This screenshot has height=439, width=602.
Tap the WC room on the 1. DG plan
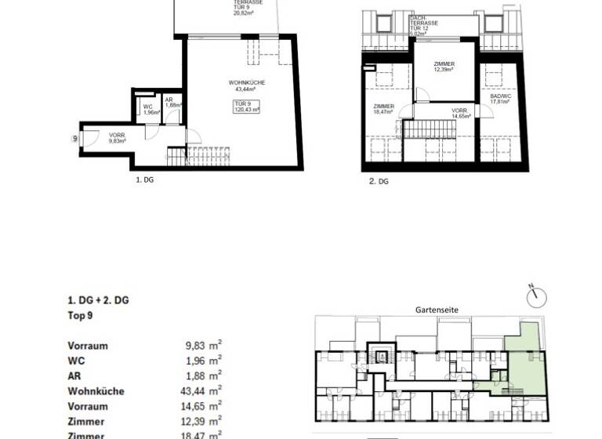149,110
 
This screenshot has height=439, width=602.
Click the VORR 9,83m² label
117,139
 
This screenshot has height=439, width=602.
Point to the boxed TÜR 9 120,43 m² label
246,107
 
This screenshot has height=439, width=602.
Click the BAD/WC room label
500,98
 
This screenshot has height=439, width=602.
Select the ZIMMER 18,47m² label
383,110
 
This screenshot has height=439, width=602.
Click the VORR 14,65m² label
459,114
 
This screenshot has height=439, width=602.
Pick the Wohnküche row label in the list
96,391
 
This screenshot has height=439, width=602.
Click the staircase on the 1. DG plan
196,155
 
